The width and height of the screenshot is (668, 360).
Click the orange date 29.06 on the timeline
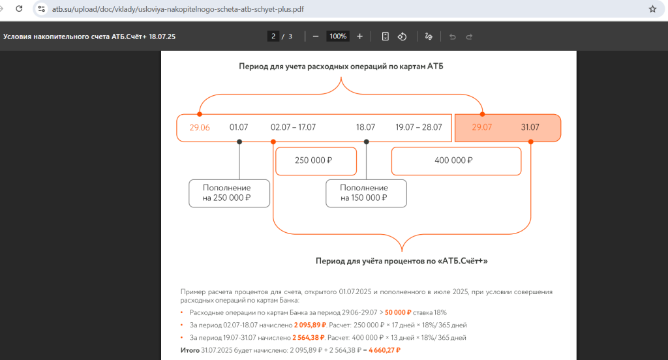[200, 127]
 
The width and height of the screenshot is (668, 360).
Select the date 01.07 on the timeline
[239, 127]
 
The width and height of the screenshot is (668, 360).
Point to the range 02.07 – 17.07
[293, 127]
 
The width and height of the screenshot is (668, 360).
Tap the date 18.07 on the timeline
[365, 127]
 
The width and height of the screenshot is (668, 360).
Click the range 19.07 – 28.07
[419, 127]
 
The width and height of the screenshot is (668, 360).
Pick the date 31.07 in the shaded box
[530, 127]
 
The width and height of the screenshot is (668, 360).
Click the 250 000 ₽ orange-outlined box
[316, 161]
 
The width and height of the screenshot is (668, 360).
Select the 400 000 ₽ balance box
[456, 161]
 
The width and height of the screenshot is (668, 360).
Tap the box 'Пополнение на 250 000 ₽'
[229, 194]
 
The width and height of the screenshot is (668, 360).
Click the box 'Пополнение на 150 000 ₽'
[367, 194]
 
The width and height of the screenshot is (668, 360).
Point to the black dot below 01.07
[239, 142]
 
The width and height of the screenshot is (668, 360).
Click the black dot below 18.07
[367, 142]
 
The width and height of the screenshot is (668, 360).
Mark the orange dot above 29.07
[482, 114]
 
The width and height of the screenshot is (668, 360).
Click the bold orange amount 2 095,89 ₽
[310, 325]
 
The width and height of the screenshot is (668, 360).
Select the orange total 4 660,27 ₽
[385, 350]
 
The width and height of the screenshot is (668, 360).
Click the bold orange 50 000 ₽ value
[398, 312]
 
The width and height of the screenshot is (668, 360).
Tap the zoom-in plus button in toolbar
[359, 37]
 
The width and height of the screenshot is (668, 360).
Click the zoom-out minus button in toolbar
[316, 37]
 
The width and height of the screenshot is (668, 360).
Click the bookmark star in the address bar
[652, 9]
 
